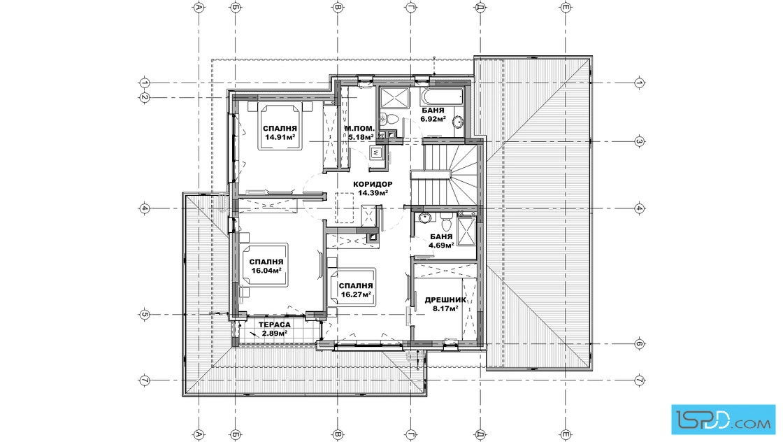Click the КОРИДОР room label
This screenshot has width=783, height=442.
click(373, 184)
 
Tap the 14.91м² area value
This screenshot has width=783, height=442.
click(280, 137)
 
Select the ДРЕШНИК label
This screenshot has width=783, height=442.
click(445, 300)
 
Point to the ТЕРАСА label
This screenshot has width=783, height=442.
click(274, 325)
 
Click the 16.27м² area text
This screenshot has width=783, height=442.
click(356, 294)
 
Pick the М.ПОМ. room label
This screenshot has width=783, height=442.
click(359, 129)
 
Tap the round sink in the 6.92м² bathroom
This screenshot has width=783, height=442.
click(457, 122)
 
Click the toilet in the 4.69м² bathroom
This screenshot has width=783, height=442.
click(447, 219)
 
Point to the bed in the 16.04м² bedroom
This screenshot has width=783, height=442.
click(264, 264)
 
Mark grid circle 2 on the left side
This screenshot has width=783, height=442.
click(144, 98)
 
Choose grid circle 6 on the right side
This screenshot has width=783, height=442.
click(639, 343)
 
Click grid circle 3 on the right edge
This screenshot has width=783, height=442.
click(639, 141)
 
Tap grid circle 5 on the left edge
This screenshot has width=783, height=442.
click(144, 315)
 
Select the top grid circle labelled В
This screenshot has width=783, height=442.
click(338, 7)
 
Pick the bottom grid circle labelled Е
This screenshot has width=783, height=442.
click(566, 435)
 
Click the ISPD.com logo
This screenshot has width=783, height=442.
click(723, 420)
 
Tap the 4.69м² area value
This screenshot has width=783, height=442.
click(441, 245)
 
